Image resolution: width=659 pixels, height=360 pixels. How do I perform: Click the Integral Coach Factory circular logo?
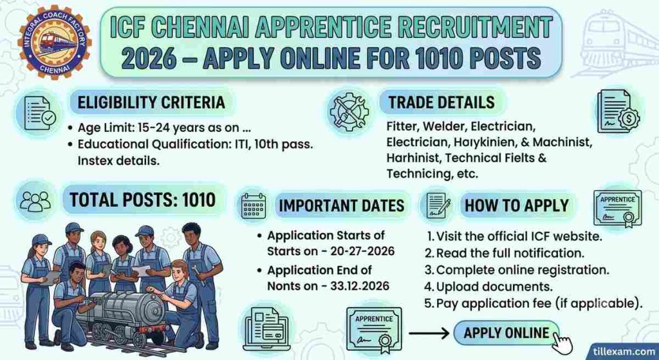[x=54, y=42]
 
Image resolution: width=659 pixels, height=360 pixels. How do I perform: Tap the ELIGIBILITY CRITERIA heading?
[x=151, y=102]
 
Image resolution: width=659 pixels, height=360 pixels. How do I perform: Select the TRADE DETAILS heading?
[x=441, y=102]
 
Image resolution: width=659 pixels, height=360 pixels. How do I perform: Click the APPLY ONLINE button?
[x=506, y=333]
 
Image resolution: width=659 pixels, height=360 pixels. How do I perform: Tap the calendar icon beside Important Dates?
[x=254, y=205]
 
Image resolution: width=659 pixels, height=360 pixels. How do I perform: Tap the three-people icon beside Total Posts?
[x=35, y=201]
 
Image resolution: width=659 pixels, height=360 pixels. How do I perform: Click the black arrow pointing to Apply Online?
[x=429, y=334]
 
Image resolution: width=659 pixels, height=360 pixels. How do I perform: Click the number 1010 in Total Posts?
[x=199, y=200]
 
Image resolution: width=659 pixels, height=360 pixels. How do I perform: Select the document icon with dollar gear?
[x=618, y=112]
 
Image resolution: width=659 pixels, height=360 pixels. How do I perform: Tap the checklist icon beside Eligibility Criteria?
[x=39, y=113]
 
